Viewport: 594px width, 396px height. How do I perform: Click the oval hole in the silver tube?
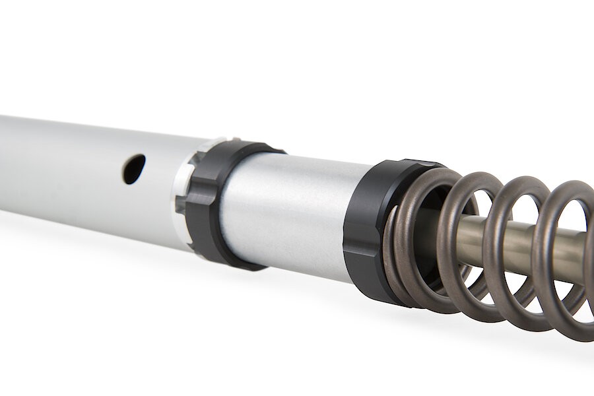click(x=134, y=169)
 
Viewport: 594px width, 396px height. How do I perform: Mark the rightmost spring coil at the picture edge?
click(x=581, y=264)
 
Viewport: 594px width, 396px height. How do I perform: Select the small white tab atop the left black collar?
click(x=218, y=141)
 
